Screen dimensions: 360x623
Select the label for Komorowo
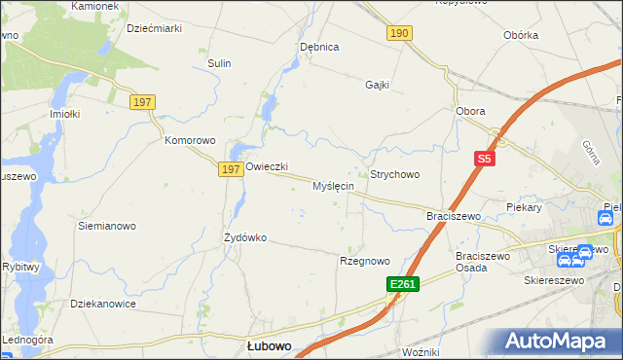189,140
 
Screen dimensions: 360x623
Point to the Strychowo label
394,174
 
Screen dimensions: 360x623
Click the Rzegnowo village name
364,261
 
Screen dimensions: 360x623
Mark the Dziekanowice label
102,304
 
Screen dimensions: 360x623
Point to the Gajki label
377,85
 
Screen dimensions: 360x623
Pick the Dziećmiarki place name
155,28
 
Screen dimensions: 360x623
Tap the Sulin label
219,63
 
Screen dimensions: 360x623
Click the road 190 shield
398,33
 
